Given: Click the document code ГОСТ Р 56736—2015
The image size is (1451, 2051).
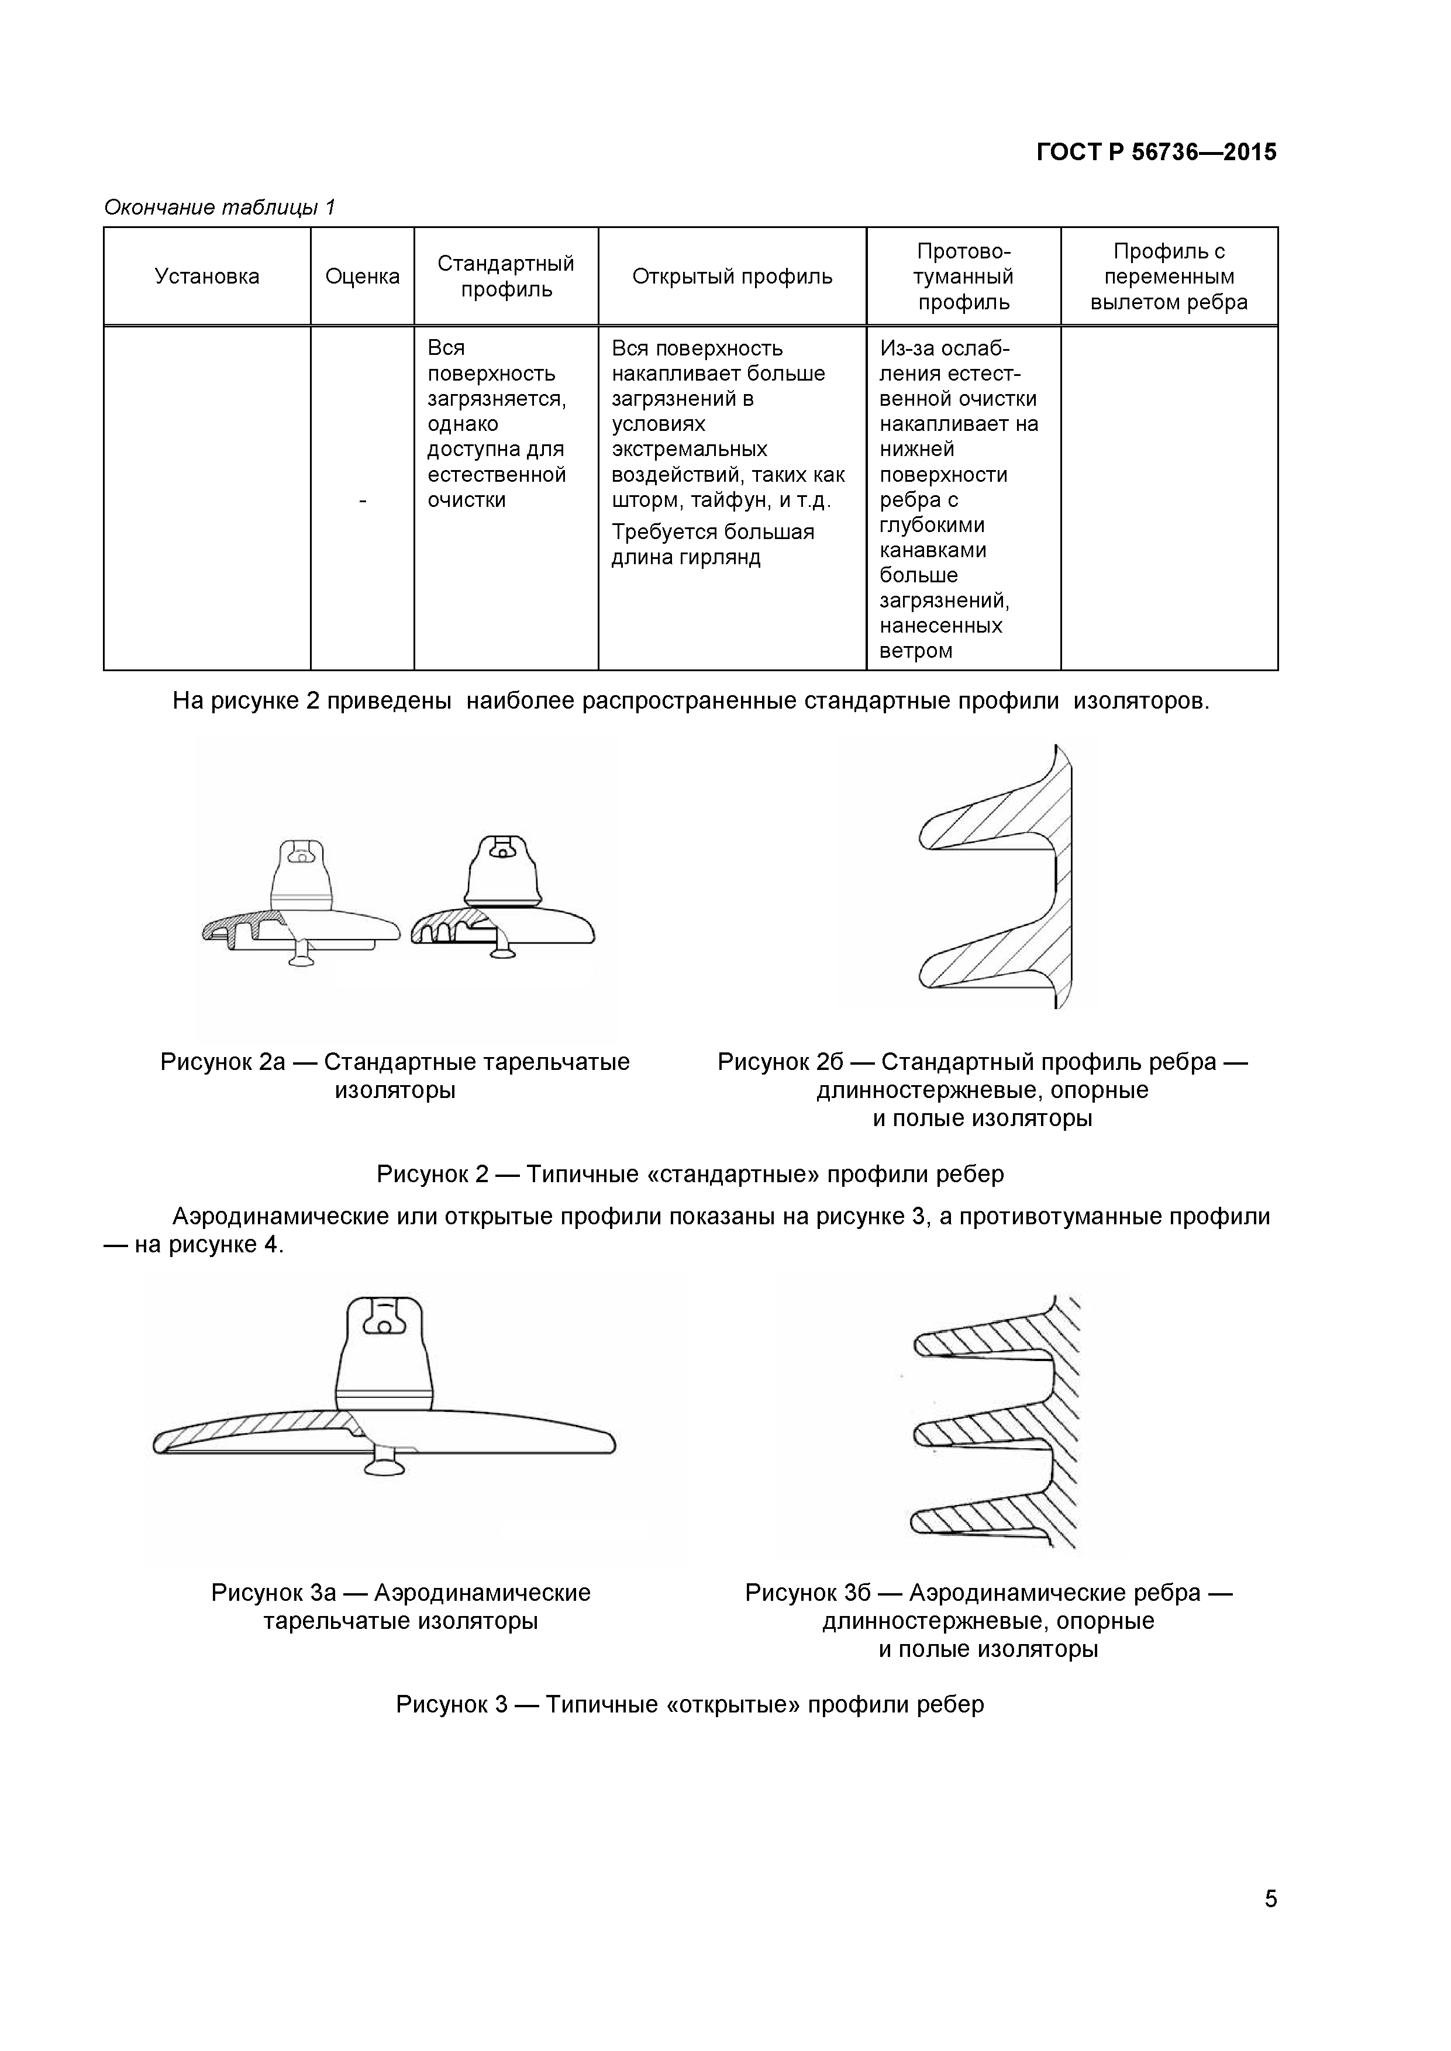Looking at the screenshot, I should click(1156, 153).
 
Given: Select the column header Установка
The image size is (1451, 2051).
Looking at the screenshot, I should click(206, 276).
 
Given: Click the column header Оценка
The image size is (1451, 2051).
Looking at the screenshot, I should click(362, 276).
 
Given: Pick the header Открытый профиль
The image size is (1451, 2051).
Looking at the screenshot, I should click(732, 276).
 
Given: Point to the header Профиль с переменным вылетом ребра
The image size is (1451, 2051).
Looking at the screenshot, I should click(1169, 276).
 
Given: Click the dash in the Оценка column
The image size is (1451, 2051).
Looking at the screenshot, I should click(362, 501).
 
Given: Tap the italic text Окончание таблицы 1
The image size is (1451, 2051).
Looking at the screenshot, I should click(219, 207).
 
